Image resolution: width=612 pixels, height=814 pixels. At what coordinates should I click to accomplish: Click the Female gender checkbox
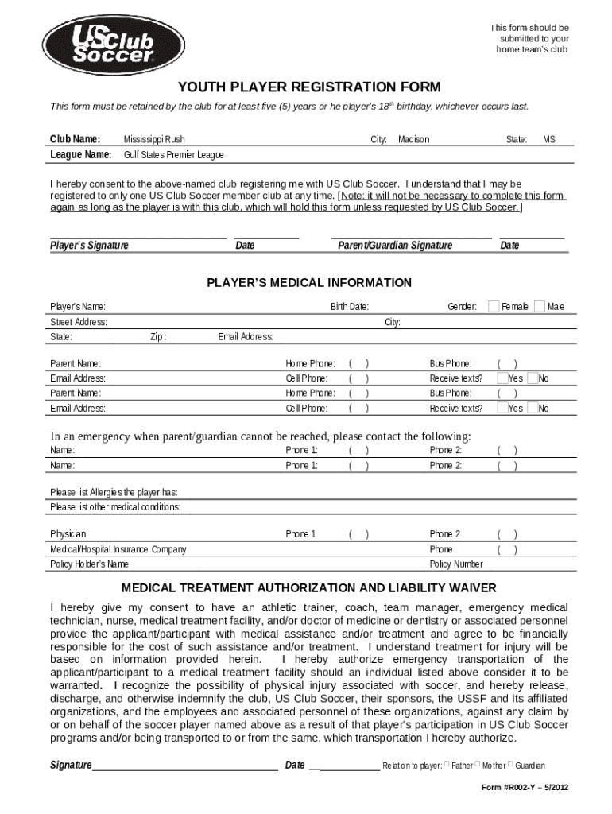click(x=494, y=306)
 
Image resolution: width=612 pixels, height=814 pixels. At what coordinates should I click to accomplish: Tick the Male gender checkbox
click(x=540, y=306)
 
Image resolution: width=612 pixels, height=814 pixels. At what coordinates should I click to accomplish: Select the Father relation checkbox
click(x=447, y=764)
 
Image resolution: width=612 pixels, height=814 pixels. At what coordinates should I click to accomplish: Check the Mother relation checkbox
click(x=478, y=764)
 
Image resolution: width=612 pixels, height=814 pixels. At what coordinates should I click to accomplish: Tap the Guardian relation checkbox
click(x=510, y=764)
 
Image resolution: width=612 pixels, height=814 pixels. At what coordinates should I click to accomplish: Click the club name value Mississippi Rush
click(x=154, y=139)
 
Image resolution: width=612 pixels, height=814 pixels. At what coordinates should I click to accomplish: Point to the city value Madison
click(x=413, y=139)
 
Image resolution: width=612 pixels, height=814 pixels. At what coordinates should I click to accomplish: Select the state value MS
click(x=549, y=139)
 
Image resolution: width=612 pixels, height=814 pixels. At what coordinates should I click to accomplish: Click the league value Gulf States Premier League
click(x=173, y=154)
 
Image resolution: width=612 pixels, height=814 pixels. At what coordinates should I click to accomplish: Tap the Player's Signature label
click(x=89, y=246)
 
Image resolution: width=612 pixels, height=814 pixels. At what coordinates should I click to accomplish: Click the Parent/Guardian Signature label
click(x=395, y=246)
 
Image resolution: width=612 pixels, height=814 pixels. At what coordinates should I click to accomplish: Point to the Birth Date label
click(x=349, y=307)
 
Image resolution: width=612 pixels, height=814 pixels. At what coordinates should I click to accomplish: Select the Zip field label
click(x=158, y=337)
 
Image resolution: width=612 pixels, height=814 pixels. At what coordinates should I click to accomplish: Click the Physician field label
click(x=68, y=534)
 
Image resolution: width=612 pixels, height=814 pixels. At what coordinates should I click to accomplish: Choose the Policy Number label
click(x=456, y=564)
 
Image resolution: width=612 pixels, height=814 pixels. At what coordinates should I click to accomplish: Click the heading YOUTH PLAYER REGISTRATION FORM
click(x=309, y=86)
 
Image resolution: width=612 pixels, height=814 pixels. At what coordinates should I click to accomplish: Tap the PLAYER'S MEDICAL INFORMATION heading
click(x=309, y=283)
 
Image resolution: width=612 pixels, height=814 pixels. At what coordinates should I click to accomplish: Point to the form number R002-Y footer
click(x=525, y=788)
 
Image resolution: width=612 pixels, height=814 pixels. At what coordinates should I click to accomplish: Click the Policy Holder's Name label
click(x=89, y=564)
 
